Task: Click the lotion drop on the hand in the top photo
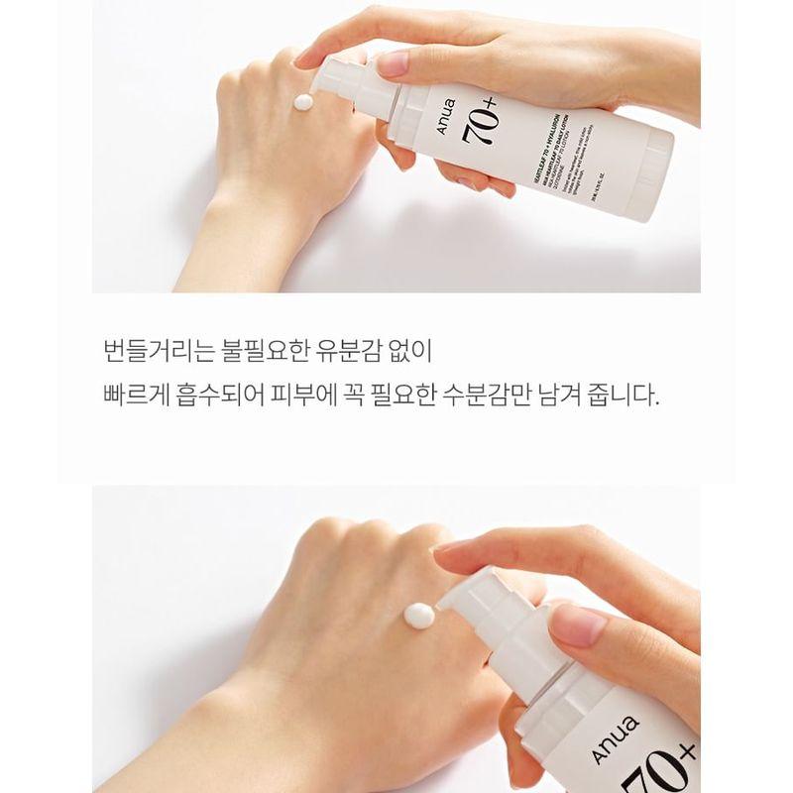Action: [x=301, y=104]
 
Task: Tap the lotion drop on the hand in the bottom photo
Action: [x=417, y=616]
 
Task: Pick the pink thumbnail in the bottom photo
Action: [x=577, y=624]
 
